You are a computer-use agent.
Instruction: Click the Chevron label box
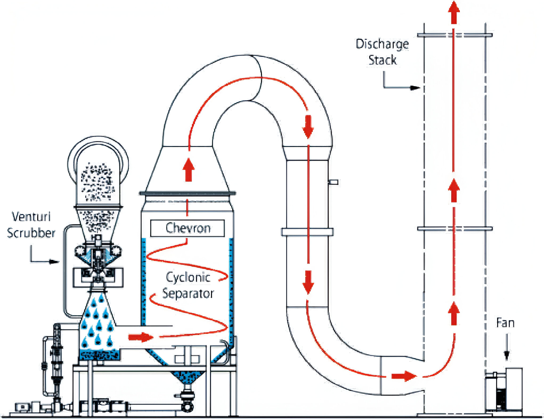click(187, 228)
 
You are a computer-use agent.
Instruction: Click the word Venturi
click(32, 218)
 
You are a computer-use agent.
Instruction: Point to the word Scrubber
click(31, 234)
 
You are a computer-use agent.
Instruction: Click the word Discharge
click(382, 44)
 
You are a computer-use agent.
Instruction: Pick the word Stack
click(382, 60)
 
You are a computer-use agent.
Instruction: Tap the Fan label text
click(505, 322)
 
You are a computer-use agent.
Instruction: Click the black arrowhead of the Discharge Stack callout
click(416, 88)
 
